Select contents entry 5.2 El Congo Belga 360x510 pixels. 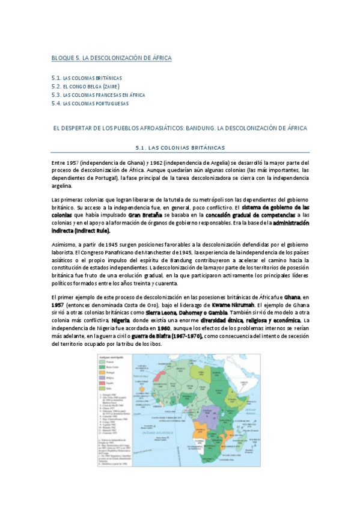(87, 87)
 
